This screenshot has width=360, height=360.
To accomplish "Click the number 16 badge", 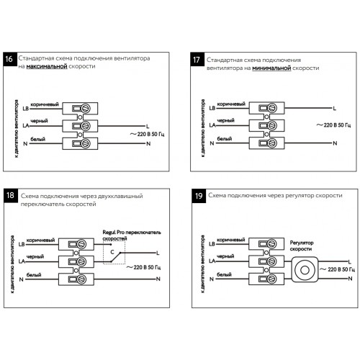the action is pos(10,59).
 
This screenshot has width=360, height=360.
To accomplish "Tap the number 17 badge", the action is pos(197,59).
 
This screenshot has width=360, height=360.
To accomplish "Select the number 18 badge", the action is pos(11,195).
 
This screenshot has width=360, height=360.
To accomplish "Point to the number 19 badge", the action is pos(199,196).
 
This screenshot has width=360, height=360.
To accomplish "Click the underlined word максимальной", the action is pos(47,66).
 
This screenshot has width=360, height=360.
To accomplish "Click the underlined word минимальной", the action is pos(271,68).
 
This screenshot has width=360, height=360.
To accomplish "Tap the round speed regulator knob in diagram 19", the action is pos(305,270).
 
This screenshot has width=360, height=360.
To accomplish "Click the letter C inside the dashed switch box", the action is pos(112,252).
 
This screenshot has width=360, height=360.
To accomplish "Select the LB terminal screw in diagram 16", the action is pos(85,109).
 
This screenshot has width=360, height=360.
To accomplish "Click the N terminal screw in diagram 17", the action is pos(272,143).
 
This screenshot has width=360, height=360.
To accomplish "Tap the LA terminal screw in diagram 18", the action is pos(81,261).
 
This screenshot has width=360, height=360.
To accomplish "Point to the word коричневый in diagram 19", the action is pos(231,240).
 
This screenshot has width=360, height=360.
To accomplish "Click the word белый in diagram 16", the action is pos(37,139).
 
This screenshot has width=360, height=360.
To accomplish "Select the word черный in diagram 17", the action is pos(225,120).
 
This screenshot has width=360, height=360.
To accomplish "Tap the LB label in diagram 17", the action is pos(212,108).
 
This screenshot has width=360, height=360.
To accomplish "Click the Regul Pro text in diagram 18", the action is pos(114,233).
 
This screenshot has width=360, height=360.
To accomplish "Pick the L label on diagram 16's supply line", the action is pos(148,126).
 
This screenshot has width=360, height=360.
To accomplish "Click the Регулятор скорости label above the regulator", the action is pos(302,246).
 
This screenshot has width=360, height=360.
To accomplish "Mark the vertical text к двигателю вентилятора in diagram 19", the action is pos(203,264).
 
